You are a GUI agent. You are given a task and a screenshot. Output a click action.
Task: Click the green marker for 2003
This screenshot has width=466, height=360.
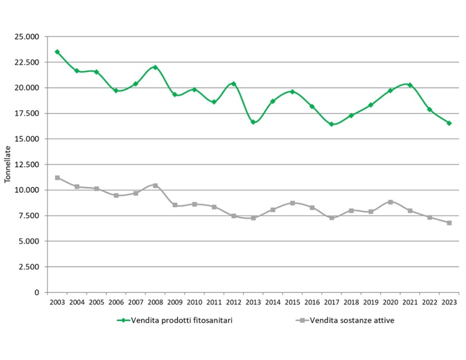[57, 52]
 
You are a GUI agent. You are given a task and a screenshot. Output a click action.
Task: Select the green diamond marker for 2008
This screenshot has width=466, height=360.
[155, 68]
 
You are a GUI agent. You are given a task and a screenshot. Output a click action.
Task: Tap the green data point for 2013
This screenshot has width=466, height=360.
[253, 122]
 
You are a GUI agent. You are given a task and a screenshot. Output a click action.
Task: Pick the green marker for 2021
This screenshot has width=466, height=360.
[410, 85]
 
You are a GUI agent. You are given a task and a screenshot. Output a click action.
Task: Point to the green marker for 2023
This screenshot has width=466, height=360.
[449, 123]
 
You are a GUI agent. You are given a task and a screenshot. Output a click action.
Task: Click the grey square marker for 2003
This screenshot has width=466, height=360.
[57, 178]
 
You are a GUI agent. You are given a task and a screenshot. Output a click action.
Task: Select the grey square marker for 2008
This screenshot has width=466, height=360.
[155, 185]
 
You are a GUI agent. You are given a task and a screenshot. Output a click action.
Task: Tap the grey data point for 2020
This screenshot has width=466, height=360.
[390, 202]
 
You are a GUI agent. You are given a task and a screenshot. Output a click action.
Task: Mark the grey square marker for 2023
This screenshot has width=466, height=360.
[449, 223]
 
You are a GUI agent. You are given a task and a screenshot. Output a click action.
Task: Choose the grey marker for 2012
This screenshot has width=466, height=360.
[234, 216]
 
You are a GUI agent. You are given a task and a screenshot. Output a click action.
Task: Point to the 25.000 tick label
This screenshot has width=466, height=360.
[29, 37]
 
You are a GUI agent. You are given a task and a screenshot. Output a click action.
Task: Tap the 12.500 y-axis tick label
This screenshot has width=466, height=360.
[29, 165]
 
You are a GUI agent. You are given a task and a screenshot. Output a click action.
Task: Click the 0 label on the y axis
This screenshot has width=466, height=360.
[37, 292]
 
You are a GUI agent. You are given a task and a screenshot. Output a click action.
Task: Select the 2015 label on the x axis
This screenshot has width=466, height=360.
[292, 302]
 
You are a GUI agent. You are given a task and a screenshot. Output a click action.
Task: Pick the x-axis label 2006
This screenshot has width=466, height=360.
[116, 302]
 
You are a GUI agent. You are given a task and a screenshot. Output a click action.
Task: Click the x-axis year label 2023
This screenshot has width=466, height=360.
[449, 302]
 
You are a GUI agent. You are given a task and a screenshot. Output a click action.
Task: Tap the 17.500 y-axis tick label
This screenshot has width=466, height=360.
[29, 113]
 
